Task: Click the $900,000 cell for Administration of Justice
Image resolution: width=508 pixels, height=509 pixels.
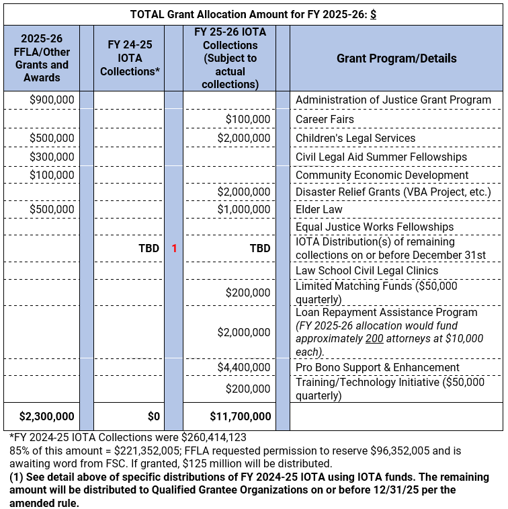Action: pyautogui.click(x=52, y=100)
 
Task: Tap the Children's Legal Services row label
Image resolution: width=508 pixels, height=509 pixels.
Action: pyautogui.click(x=355, y=138)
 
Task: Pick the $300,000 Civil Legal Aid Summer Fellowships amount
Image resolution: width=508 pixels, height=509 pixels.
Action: pyautogui.click(x=52, y=157)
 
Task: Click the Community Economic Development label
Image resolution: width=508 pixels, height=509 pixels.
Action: pyautogui.click(x=382, y=175)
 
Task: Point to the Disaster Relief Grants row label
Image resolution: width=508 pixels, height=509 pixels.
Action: pyautogui.click(x=393, y=192)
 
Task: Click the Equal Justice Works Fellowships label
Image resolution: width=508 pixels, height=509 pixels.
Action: pyautogui.click(x=374, y=227)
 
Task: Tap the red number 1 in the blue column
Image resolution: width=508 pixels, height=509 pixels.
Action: pyautogui.click(x=174, y=248)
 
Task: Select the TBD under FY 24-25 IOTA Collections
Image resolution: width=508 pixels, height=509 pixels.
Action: pyautogui.click(x=149, y=248)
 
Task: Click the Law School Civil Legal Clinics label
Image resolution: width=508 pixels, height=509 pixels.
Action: pyautogui.click(x=367, y=270)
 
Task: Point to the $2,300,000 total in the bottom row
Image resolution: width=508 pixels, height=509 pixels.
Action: pyautogui.click(x=46, y=416)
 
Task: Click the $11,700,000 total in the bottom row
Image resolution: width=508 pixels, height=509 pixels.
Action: pyautogui.click(x=240, y=416)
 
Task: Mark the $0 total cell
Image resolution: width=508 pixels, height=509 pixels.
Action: pyautogui.click(x=152, y=416)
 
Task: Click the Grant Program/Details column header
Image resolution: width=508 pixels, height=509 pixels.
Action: pyautogui.click(x=396, y=58)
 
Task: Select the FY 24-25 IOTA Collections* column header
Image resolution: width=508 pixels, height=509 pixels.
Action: pyautogui.click(x=128, y=58)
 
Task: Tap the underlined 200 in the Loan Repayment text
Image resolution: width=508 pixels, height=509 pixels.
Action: pyautogui.click(x=374, y=338)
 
